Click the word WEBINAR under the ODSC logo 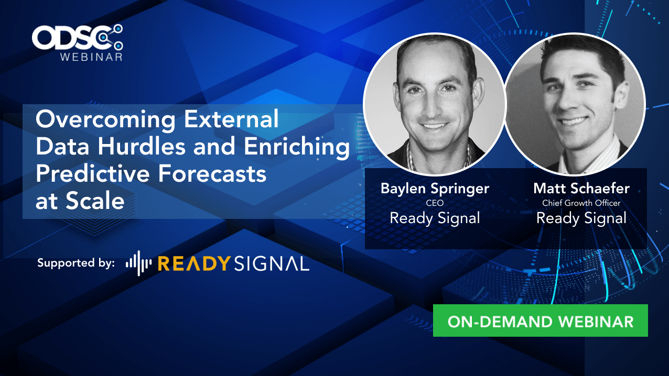pos(91,57)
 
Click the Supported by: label pos(75,263)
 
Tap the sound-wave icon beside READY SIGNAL pos(138,263)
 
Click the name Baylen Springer pos(435,189)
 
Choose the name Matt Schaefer pos(581,188)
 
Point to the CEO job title pos(435,203)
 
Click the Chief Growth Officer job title pos(581,203)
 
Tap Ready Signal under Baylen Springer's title pos(435,218)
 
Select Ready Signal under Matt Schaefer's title pos(581,218)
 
